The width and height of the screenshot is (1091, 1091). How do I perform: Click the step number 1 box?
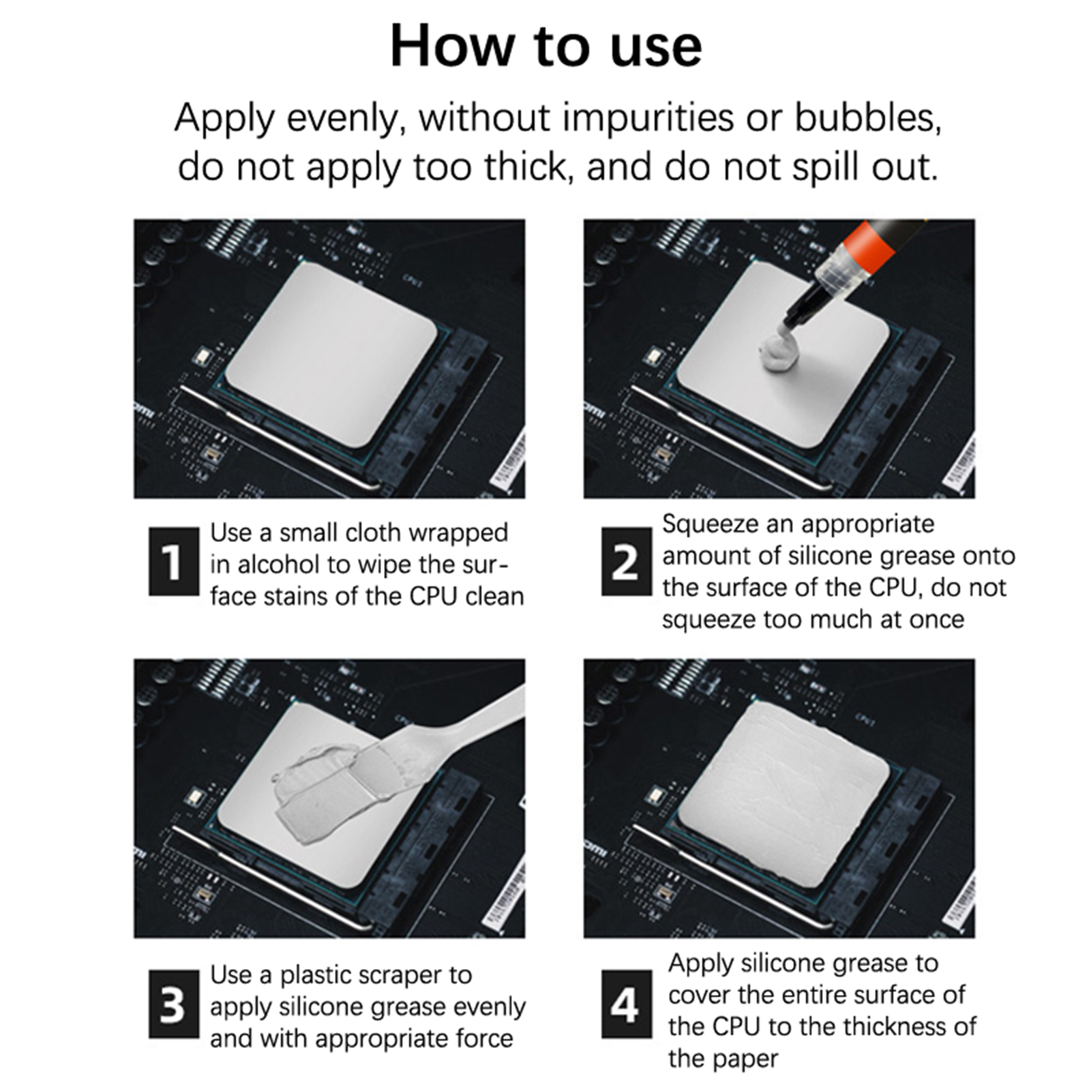(x=173, y=561)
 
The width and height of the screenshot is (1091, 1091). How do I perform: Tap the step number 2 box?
(x=626, y=561)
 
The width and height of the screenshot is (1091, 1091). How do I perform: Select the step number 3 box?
(x=173, y=1004)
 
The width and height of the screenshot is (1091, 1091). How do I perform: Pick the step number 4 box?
(x=626, y=1004)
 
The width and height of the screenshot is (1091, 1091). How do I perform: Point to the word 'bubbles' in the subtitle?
(x=867, y=117)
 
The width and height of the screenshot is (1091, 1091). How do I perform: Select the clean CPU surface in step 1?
(x=331, y=355)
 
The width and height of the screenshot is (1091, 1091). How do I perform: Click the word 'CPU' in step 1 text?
(x=433, y=597)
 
